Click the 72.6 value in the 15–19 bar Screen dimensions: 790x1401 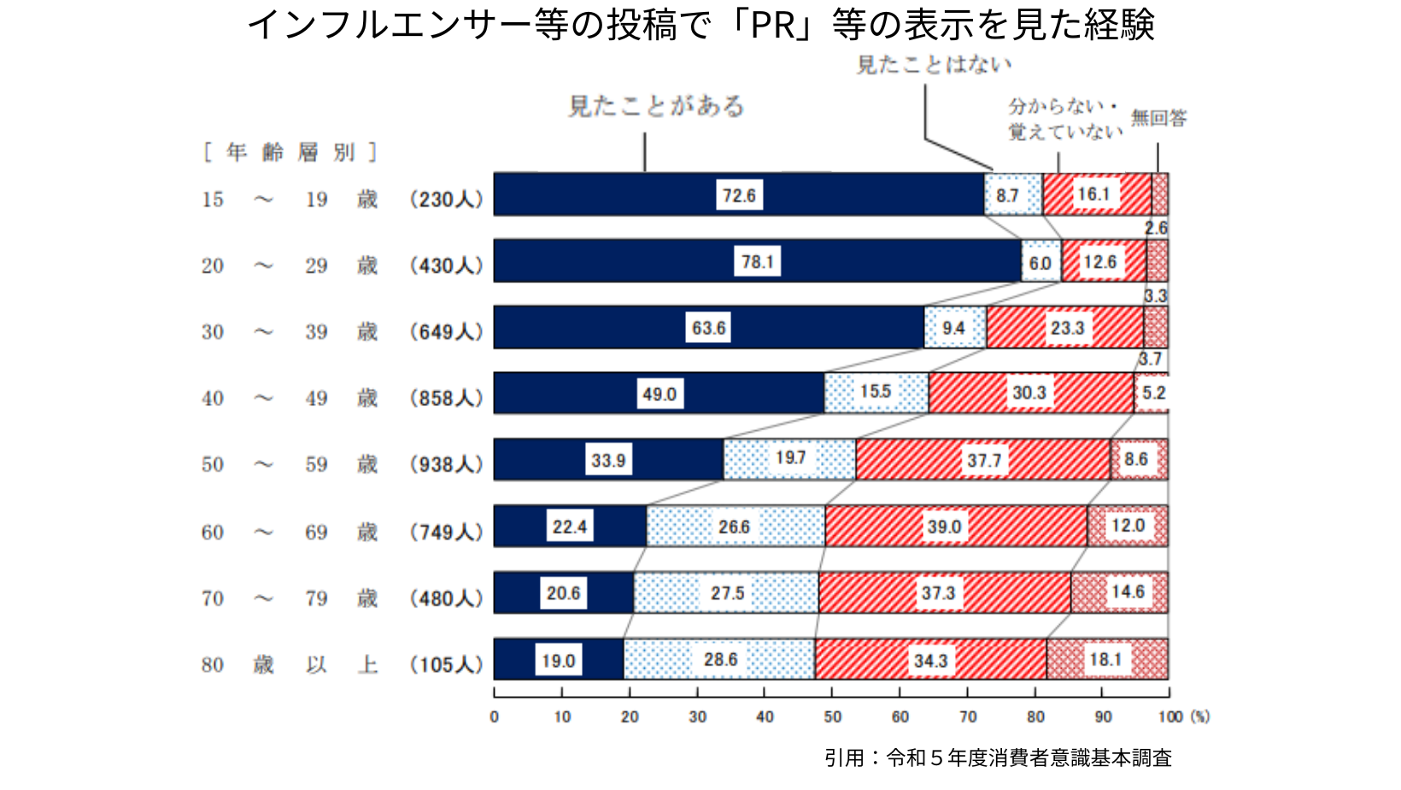(739, 195)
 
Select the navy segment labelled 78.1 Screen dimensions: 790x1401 (757, 262)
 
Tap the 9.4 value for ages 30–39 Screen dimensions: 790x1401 (953, 328)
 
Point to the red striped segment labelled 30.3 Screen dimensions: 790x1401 (1029, 393)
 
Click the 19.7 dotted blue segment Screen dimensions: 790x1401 (790, 459)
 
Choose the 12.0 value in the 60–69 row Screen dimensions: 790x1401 (1128, 526)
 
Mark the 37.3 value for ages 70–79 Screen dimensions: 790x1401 (938, 592)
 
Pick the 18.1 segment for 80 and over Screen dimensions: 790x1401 (1105, 659)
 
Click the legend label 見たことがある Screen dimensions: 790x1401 (656, 106)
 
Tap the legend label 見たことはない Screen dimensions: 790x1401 (934, 65)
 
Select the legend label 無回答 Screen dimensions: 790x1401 (1158, 118)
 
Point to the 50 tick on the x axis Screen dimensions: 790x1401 (833, 716)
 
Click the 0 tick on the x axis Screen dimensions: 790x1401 (495, 716)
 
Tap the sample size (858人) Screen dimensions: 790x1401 (447, 398)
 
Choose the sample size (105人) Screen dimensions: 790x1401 (447, 664)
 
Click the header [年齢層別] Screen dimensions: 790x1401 (290, 152)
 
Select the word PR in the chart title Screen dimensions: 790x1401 (774, 25)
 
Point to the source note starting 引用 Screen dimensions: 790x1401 (997, 758)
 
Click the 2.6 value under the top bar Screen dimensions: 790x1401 (1156, 228)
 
